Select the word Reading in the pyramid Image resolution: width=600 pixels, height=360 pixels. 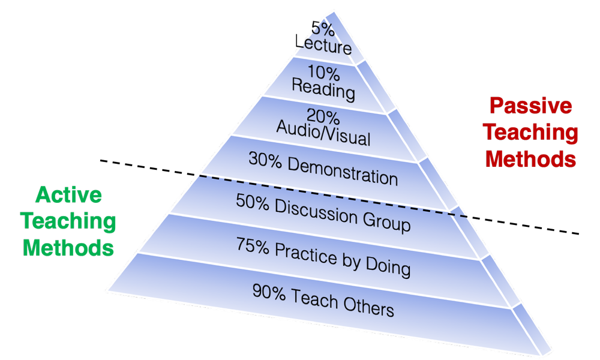coord(323,91)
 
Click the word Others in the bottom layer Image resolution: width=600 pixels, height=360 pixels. coord(369,307)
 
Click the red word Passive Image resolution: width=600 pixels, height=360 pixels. coord(530,107)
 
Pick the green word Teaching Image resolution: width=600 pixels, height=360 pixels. coord(69,221)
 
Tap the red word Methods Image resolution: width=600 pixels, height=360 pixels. coord(530,160)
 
